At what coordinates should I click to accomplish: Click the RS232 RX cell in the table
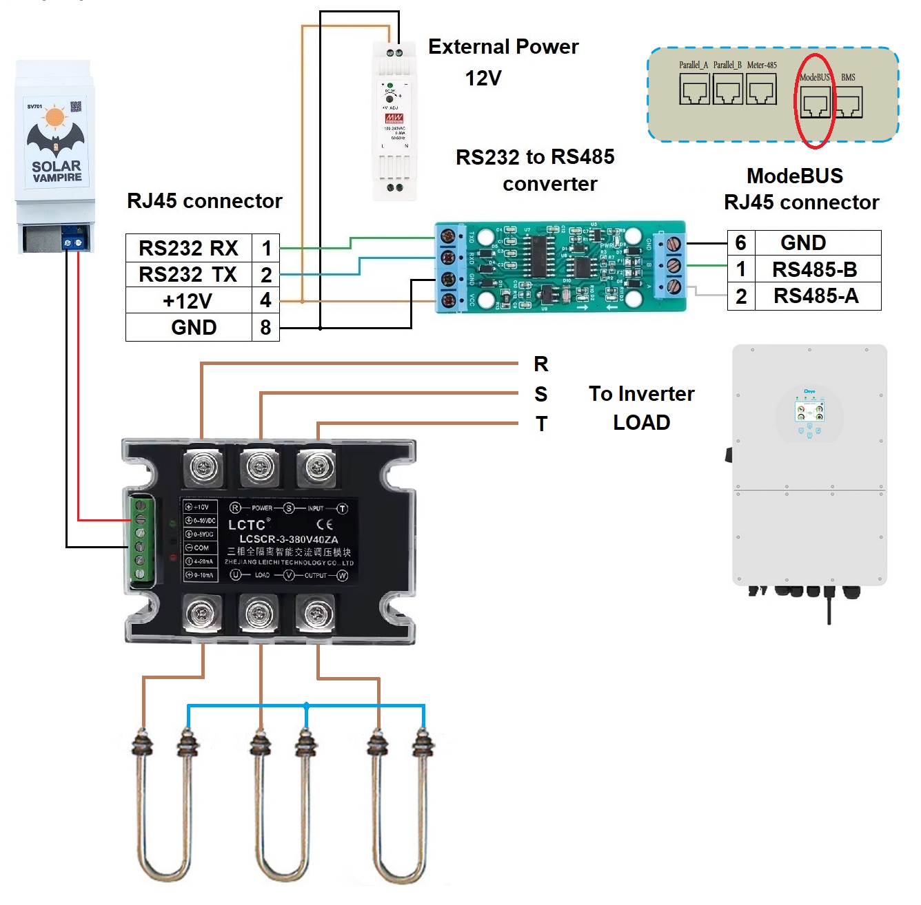188,248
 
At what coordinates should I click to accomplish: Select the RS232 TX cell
188,274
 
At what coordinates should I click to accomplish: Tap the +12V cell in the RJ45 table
188,301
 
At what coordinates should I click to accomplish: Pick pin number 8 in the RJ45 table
265,327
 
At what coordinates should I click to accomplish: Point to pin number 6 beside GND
741,242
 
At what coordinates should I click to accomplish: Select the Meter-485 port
762,90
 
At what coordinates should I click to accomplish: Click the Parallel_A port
694,90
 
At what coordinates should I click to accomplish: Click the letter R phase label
541,364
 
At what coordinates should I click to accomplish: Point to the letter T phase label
542,424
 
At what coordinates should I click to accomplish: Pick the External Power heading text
503,47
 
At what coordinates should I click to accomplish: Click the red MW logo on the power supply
394,118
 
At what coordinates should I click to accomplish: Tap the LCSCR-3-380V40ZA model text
289,539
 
